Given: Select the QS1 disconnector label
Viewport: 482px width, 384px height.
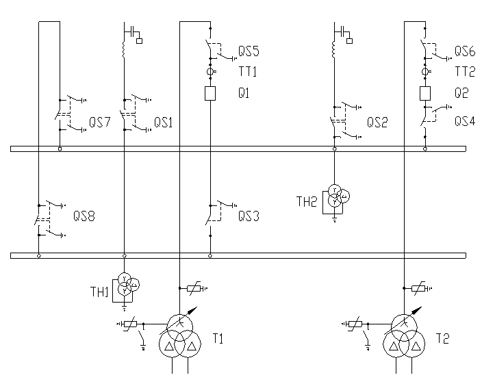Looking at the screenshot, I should click(x=163, y=123).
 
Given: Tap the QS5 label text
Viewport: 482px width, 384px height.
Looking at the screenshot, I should click(x=248, y=52).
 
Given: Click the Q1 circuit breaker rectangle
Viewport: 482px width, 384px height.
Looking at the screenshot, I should click(x=211, y=94).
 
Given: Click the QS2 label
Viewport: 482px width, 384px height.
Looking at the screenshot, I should click(x=377, y=123).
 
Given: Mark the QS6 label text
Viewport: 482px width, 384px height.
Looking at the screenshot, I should click(x=466, y=52).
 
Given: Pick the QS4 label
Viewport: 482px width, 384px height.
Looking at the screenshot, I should click(x=466, y=120).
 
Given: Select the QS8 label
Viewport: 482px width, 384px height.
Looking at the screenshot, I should click(x=84, y=216).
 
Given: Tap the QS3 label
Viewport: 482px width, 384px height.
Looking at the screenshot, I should click(x=248, y=216).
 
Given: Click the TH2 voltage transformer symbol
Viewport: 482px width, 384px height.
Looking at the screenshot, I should click(x=335, y=196).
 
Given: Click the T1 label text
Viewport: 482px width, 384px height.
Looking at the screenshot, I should click(x=218, y=337).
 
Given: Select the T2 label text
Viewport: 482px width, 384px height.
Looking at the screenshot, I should click(x=442, y=337).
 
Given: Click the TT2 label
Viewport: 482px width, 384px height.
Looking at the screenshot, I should click(x=465, y=72).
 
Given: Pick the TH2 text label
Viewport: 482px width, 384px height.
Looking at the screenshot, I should click(x=306, y=201).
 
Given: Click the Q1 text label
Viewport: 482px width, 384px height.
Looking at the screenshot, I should click(x=243, y=94).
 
